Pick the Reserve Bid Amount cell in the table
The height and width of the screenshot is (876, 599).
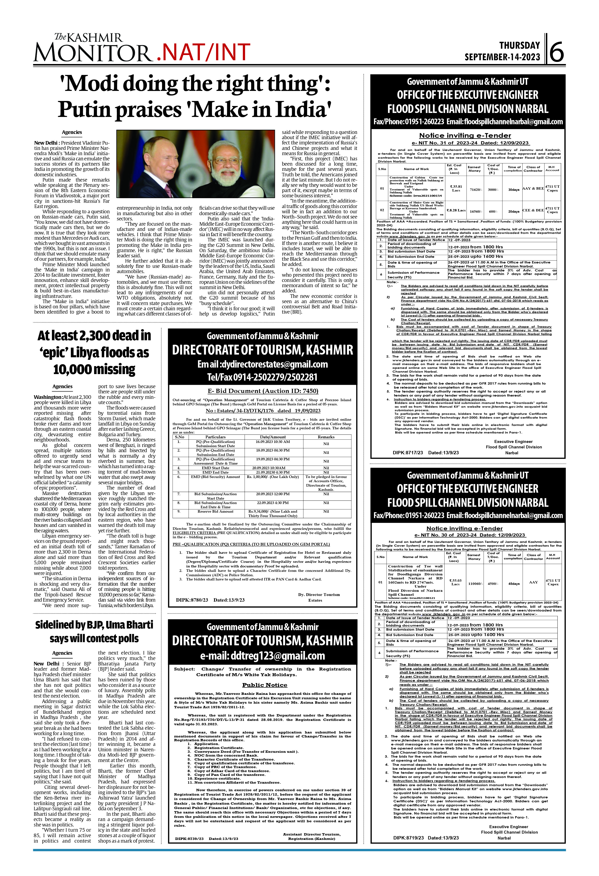215,512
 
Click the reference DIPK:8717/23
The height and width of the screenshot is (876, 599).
408,453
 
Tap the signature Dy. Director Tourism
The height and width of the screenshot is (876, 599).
319,594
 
